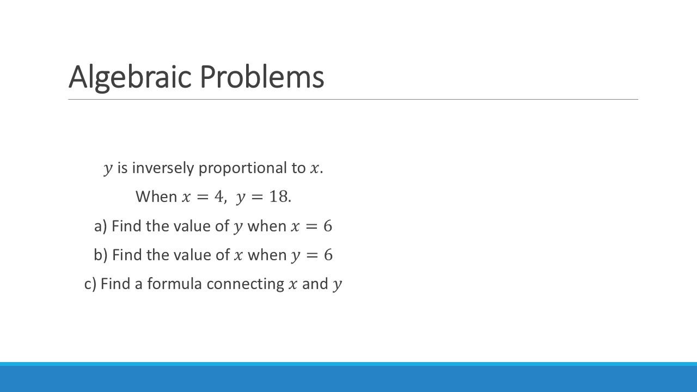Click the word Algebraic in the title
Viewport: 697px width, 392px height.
click(x=130, y=77)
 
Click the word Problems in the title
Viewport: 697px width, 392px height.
click(x=262, y=77)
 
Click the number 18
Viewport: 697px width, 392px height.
click(x=278, y=197)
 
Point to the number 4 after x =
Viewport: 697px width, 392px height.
click(x=219, y=197)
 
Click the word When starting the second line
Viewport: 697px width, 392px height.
click(x=156, y=197)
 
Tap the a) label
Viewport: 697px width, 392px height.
click(x=101, y=226)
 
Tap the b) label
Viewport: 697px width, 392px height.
click(x=101, y=255)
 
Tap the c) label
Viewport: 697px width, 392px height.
click(x=90, y=284)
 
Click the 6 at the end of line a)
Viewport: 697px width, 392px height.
click(x=328, y=226)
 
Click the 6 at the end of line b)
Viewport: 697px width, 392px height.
click(x=328, y=255)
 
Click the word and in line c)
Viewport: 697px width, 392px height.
click(x=315, y=284)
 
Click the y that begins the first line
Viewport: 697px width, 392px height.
click(x=108, y=169)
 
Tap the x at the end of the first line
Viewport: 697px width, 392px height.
click(x=314, y=169)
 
